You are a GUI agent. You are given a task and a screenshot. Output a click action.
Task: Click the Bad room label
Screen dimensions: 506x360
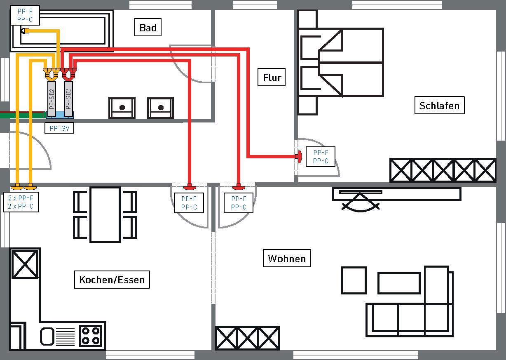pos(148,27)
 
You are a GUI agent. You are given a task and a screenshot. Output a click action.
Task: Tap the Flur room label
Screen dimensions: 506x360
pos(272,77)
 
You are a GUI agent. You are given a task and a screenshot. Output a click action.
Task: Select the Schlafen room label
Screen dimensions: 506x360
pos(439,106)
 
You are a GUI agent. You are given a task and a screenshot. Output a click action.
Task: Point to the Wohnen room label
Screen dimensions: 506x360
pos(287,258)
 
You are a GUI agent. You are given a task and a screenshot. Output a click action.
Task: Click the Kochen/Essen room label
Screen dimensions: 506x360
pos(112,280)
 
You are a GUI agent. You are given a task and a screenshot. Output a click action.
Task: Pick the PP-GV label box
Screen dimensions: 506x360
pos(59,128)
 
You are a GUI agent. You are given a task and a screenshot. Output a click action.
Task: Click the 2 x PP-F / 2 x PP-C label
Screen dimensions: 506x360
pos(21,202)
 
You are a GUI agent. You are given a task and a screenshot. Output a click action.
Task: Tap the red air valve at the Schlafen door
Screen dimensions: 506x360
pos(299,156)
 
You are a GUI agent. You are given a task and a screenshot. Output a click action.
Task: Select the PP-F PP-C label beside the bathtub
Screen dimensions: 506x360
pos(25,15)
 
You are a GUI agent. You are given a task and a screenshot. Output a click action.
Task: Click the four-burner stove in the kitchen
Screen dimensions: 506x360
pos(91,336)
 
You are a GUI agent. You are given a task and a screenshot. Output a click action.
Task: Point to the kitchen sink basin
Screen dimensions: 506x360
pos(47,336)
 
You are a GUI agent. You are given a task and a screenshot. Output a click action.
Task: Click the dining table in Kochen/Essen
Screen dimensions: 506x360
pos(105,214)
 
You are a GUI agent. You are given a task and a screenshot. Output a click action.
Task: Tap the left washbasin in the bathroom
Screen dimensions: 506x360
pos(122,108)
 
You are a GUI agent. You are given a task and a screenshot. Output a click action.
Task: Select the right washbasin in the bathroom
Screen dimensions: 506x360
pos(161,108)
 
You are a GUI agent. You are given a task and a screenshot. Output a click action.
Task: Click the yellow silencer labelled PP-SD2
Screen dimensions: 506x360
pos(52,99)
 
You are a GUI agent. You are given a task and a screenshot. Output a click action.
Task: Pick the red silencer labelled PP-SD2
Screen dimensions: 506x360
pos(68,99)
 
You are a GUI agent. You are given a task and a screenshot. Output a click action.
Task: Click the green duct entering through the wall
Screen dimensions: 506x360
pos(23,115)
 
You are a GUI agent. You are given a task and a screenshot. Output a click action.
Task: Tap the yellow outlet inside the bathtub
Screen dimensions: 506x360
pos(25,31)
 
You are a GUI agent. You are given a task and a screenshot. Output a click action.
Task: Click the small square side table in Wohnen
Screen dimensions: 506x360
pos(354,280)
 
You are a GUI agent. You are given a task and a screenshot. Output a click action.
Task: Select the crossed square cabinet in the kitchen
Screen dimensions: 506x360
pos(25,264)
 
